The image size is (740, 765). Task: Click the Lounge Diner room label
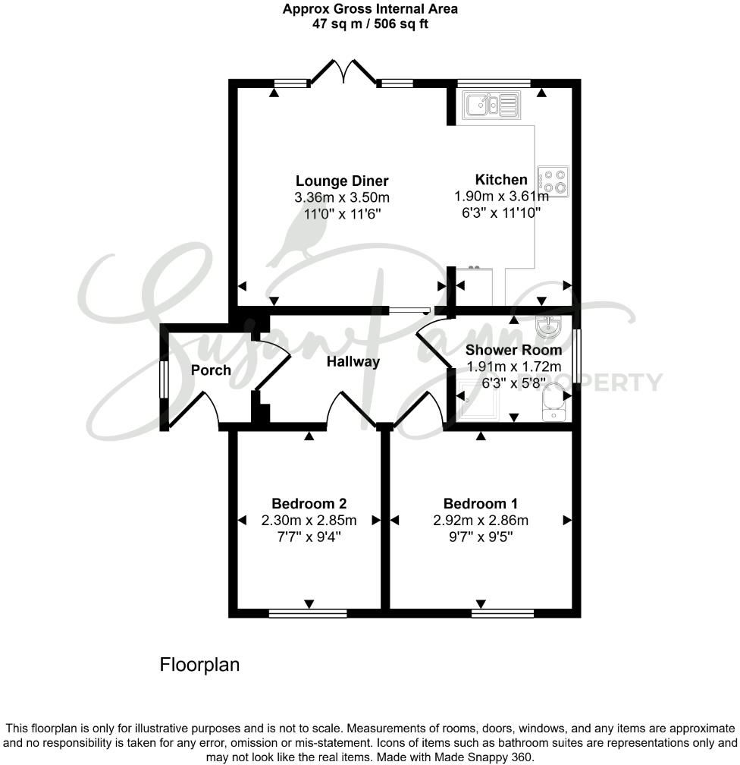click(x=341, y=181)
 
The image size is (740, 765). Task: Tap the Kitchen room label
click(x=500, y=180)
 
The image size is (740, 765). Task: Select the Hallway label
click(x=353, y=362)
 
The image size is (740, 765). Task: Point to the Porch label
click(x=211, y=370)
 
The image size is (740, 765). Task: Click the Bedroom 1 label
click(x=481, y=503)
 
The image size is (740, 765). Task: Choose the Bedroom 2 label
click(x=309, y=503)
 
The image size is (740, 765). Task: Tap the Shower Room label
click(x=513, y=350)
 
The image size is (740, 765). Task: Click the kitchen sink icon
click(x=492, y=105)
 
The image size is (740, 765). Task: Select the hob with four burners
click(x=554, y=181)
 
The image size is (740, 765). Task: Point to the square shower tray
click(x=480, y=399)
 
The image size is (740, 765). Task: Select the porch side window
click(x=162, y=376)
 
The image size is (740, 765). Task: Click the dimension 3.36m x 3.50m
click(x=341, y=198)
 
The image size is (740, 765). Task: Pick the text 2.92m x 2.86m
click(x=481, y=521)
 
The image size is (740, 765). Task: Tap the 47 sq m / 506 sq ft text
click(x=370, y=24)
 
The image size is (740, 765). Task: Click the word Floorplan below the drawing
click(x=199, y=665)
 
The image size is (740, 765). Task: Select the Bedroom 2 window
click(x=308, y=612)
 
